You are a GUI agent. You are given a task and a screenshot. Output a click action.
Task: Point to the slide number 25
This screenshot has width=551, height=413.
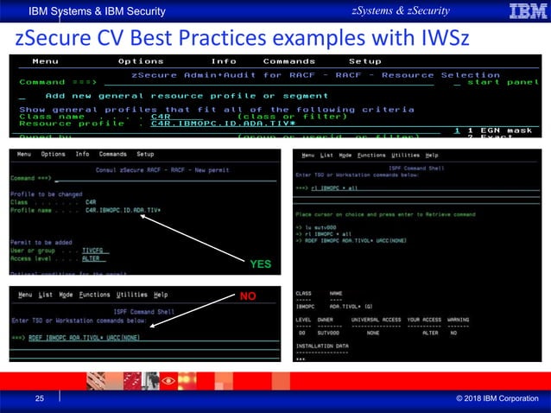[x=39, y=398]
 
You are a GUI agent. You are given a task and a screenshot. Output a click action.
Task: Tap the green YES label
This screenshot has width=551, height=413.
[x=262, y=264]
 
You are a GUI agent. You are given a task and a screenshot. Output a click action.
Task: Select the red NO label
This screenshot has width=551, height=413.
[x=249, y=296]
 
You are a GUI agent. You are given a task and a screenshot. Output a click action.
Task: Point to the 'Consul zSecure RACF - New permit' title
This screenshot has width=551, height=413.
[x=162, y=169]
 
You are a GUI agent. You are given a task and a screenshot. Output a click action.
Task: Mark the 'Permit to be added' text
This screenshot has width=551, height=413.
[x=42, y=241]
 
